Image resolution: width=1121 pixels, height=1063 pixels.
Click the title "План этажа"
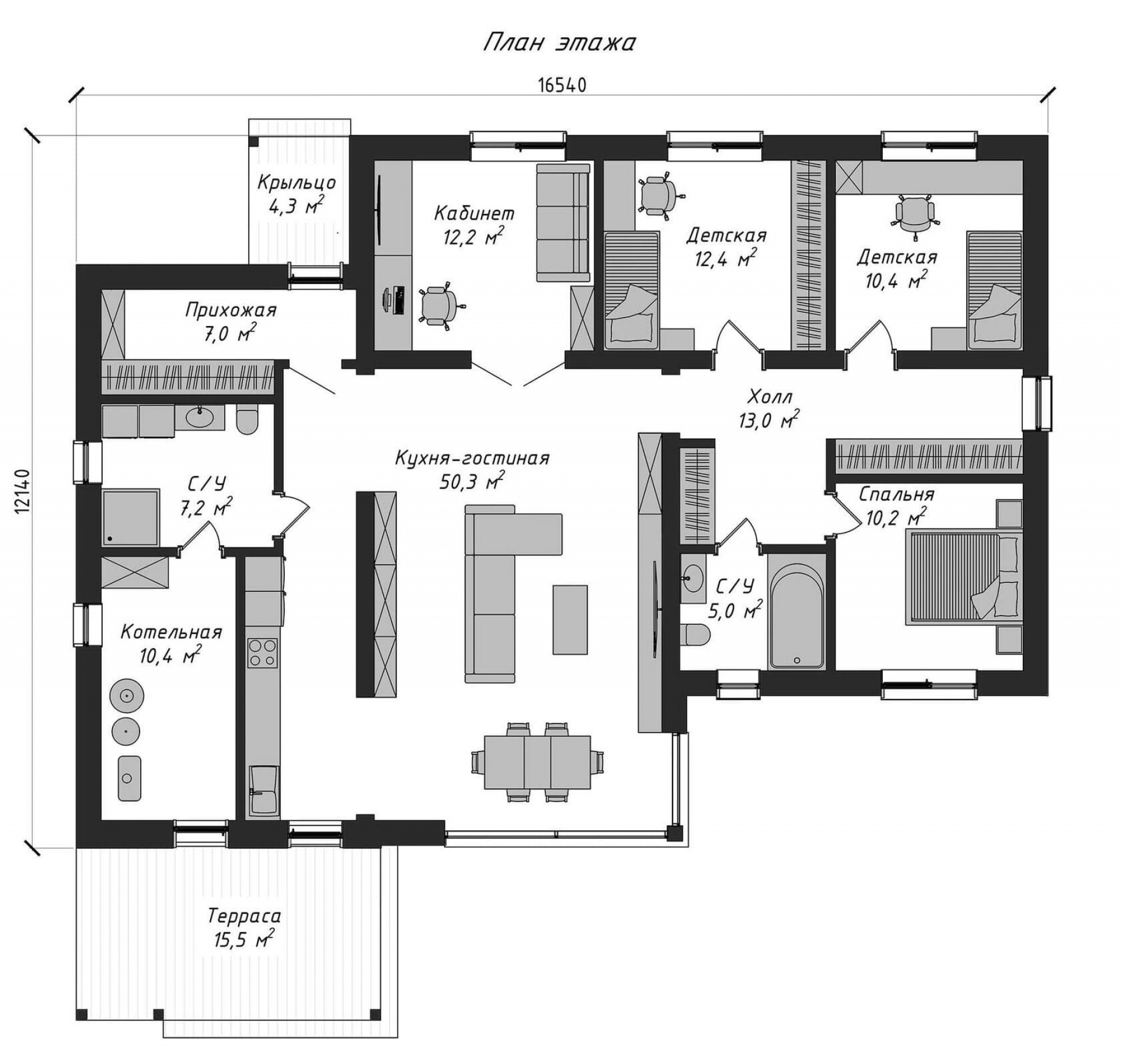pyautogui.click(x=559, y=43)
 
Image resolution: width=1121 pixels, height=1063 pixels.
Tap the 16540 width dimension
pyautogui.click(x=562, y=85)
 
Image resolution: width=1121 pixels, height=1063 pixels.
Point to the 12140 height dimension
pyautogui.click(x=22, y=491)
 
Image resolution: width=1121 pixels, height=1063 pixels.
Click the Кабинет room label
pyautogui.click(x=474, y=214)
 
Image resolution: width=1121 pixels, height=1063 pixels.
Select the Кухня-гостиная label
pyautogui.click(x=472, y=458)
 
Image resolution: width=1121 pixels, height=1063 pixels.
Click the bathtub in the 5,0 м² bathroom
pyautogui.click(x=796, y=618)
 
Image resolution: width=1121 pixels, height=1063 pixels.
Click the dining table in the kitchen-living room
pyautogui.click(x=537, y=762)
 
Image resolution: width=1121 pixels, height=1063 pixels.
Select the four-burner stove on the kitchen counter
pyautogui.click(x=262, y=652)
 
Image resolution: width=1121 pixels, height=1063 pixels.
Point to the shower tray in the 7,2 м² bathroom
pyautogui.click(x=131, y=517)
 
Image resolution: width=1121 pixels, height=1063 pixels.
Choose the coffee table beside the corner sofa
pyautogui.click(x=570, y=620)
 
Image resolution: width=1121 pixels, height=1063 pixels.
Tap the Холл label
pyautogui.click(x=769, y=397)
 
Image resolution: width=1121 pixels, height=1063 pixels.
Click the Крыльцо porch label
pyautogui.click(x=297, y=183)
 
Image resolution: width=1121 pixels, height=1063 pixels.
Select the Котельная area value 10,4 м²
pyautogui.click(x=170, y=655)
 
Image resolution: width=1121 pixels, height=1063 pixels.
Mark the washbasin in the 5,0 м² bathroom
pyautogui.click(x=693, y=576)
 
